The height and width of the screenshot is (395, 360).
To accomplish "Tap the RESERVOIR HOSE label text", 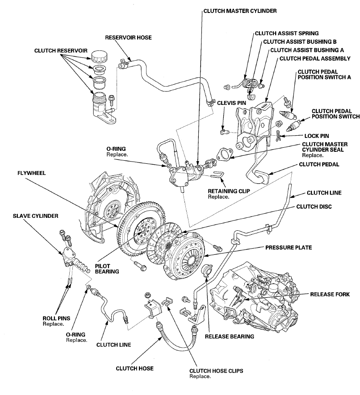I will [128, 38].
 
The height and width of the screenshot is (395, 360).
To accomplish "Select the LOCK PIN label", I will [316, 135].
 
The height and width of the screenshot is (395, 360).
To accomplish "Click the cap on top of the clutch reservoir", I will [98, 57].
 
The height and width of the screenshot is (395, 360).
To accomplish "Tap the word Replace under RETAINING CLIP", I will [218, 197].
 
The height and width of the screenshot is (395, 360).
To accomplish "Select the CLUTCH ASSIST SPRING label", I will [287, 33].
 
